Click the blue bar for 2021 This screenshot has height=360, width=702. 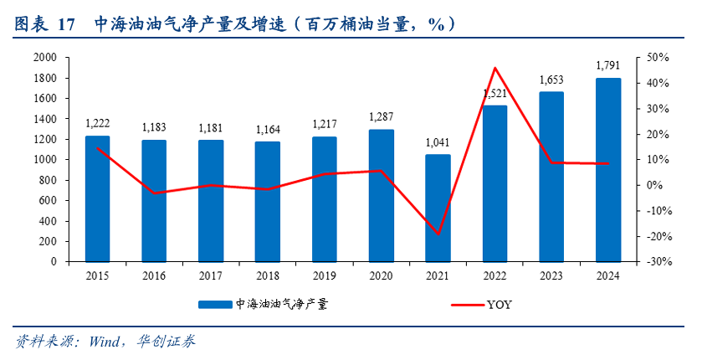point(438,208)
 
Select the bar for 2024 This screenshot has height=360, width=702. point(608,170)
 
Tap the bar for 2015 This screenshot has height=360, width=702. point(97,198)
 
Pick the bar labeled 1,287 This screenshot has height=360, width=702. point(382,195)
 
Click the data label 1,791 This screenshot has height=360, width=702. point(608,65)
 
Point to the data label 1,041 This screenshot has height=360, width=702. point(438,142)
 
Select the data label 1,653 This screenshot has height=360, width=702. point(551,80)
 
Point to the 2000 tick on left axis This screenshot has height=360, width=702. point(44,58)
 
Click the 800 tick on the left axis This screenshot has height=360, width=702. point(47,180)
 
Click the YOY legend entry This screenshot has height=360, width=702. point(499,305)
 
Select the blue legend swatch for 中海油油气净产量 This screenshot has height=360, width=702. point(216,305)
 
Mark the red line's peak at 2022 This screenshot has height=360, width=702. point(494,68)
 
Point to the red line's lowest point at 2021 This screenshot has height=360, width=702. point(438,234)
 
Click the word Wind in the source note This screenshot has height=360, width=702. point(105,342)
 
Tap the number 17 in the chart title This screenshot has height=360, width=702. point(67,24)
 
